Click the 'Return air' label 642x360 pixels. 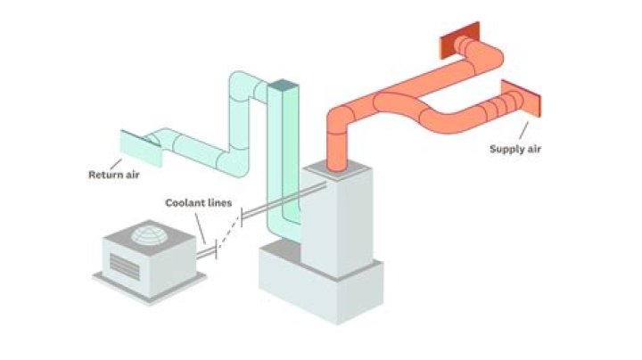[x=113, y=175]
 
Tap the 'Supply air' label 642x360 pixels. [x=514, y=149]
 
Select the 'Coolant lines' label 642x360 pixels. [x=198, y=203]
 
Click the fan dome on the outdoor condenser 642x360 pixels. [x=148, y=234]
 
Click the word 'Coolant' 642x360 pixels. [x=182, y=203]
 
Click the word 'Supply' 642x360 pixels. [x=504, y=149]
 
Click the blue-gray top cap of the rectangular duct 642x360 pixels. [x=283, y=86]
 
